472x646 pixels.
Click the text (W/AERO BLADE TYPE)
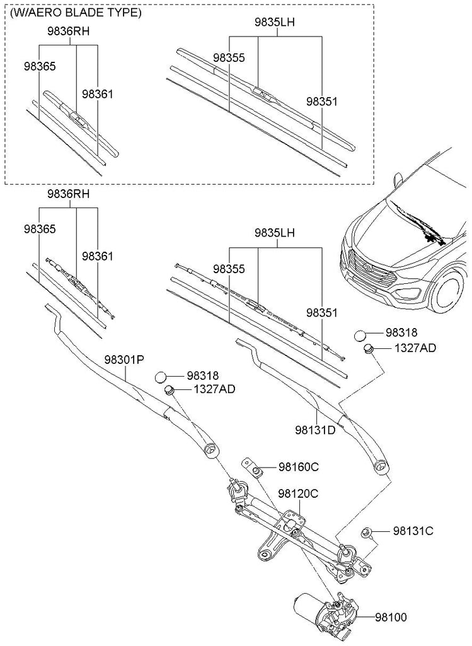(76, 13)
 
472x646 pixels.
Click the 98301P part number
(124, 360)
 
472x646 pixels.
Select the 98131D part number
(315, 430)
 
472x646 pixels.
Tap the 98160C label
(299, 467)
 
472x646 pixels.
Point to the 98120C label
(298, 493)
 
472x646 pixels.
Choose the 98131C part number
(413, 531)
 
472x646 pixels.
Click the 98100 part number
(391, 617)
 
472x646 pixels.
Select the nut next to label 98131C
(366, 532)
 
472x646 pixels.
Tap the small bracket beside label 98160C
(252, 468)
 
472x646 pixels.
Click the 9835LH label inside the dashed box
(275, 22)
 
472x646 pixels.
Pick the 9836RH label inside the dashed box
(68, 32)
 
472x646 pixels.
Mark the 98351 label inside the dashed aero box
(321, 102)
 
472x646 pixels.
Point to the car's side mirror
(398, 180)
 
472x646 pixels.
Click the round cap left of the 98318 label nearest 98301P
(161, 377)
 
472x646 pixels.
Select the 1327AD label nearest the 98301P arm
(214, 389)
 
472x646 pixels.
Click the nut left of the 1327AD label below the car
(368, 349)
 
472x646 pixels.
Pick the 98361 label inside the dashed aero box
(97, 95)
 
